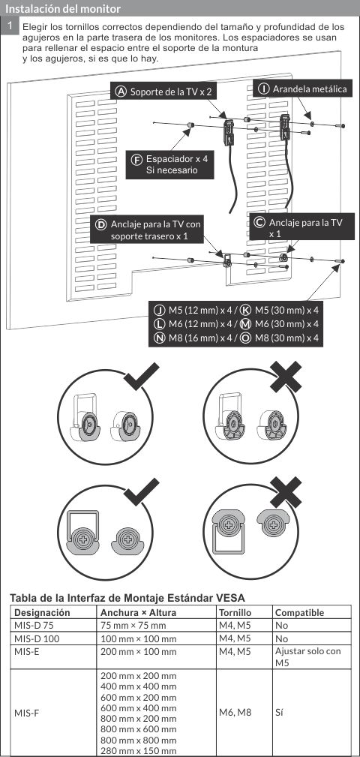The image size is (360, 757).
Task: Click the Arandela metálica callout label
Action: tap(303, 89)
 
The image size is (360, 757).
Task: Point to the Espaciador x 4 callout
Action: tap(171, 165)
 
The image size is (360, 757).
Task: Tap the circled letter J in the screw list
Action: tap(159, 310)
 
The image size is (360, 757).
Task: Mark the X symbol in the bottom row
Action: tap(286, 491)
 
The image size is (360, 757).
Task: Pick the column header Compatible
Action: tap(299, 612)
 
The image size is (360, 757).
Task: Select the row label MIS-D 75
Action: tap(34, 624)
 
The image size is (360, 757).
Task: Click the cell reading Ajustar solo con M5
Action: tap(307, 656)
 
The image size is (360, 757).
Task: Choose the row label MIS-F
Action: tap(28, 712)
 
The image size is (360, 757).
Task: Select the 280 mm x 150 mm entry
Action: tap(138, 751)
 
